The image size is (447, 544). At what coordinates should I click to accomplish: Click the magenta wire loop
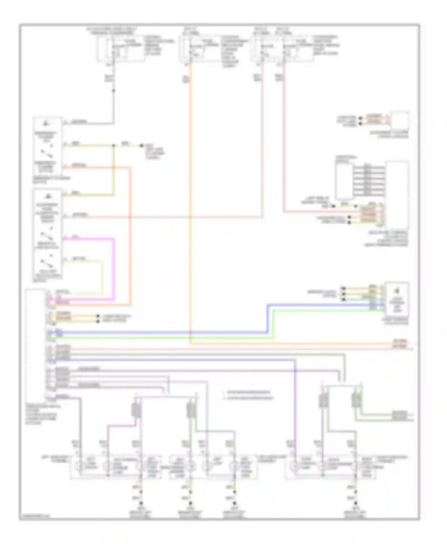[x=114, y=268]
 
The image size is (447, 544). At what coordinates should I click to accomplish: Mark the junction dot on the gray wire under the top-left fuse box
[x=114, y=90]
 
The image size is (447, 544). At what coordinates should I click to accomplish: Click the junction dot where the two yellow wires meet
[x=113, y=146]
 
